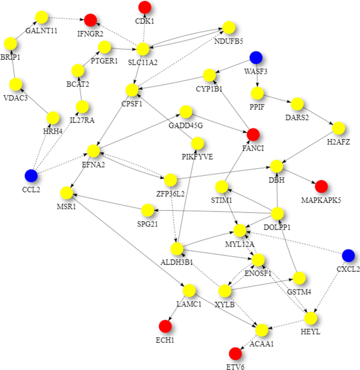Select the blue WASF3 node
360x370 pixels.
[x=256, y=57]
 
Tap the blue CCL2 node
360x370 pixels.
[x=31, y=174]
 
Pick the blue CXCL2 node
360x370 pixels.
[x=347, y=256]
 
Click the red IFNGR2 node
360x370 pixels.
[x=90, y=20]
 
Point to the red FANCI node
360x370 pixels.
[x=253, y=133]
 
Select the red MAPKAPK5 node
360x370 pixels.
[x=321, y=186]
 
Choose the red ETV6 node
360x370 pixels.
[x=235, y=353]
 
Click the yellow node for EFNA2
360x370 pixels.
[x=94, y=151]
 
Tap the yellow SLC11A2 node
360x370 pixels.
[x=143, y=49]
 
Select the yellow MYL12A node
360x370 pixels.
[x=241, y=230]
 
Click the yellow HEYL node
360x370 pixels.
[x=311, y=318]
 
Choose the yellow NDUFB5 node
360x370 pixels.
[x=229, y=27]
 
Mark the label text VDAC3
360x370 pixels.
[x=16, y=97]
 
